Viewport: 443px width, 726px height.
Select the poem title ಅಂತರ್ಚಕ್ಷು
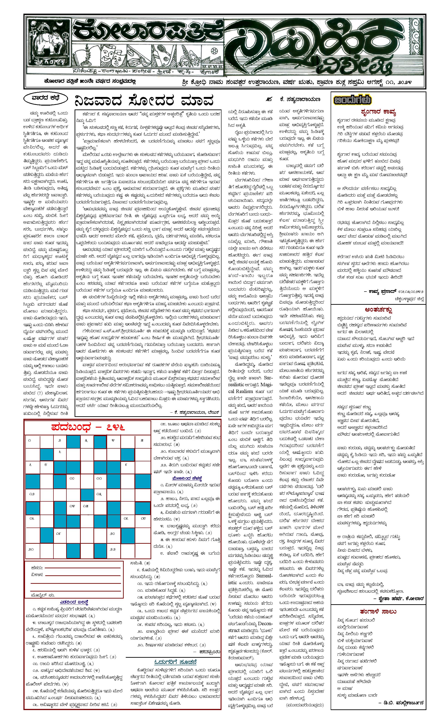pyautogui.click(x=378, y=310)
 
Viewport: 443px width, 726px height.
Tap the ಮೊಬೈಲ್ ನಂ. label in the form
pyautogui.click(x=43, y=595)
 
